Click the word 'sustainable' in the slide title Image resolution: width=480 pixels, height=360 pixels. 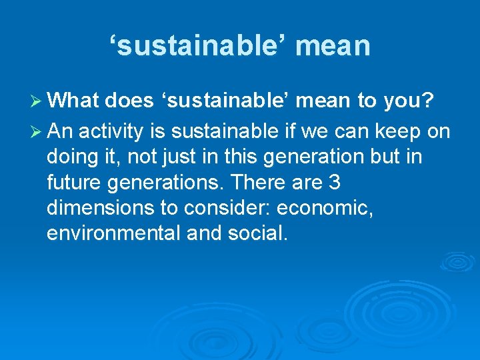pyautogui.click(x=194, y=45)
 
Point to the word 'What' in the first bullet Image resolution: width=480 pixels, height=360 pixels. pyautogui.click(x=73, y=101)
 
